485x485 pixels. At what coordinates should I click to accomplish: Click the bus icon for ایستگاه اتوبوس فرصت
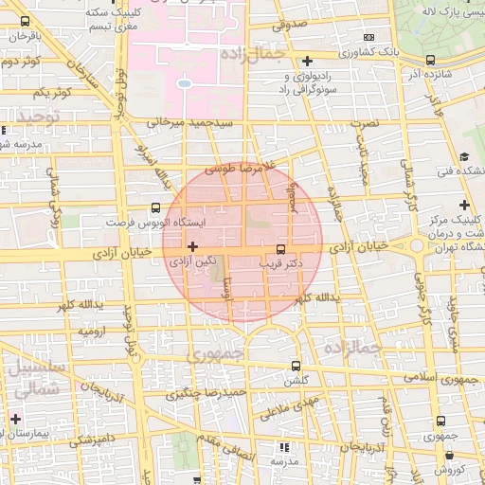pos(155,206)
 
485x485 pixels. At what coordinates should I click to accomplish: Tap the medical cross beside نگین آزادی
pos(193,245)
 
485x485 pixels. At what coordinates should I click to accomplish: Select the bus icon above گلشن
pos(296,366)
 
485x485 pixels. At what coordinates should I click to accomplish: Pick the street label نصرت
pos(364,123)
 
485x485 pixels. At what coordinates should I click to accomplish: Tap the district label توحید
pos(37,117)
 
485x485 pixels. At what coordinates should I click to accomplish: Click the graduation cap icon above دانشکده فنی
pos(464,156)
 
